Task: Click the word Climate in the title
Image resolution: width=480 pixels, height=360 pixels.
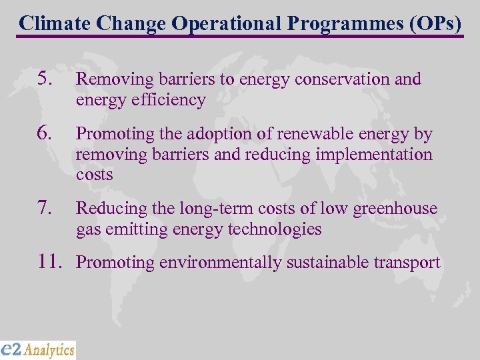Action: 55,23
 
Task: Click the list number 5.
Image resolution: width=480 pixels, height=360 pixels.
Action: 45,79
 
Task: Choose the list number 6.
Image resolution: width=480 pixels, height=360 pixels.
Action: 45,134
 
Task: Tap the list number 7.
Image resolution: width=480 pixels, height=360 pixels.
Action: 45,209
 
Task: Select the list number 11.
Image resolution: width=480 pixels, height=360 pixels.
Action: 50,263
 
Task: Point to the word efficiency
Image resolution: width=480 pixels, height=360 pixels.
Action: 168,100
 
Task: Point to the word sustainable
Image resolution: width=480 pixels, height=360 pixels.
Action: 325,263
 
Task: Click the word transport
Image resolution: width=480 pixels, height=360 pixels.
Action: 407,263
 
